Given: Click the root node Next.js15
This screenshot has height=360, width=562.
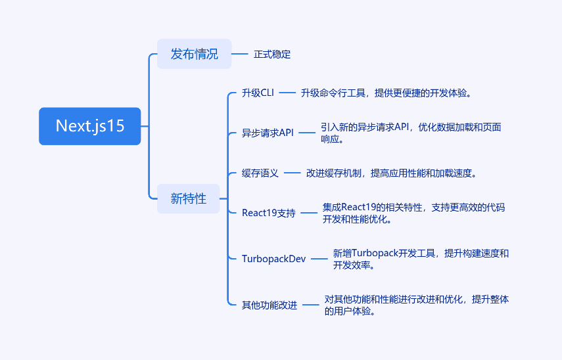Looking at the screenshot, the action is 89,126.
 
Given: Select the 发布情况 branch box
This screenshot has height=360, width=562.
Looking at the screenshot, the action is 195,54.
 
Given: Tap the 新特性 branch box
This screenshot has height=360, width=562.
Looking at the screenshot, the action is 188,198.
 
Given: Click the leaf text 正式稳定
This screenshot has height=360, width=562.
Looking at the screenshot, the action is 272,55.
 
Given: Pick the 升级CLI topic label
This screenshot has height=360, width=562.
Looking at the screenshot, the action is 258,93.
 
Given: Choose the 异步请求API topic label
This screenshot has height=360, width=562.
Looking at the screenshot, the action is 268,133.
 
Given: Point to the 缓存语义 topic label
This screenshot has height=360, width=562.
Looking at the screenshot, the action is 260,173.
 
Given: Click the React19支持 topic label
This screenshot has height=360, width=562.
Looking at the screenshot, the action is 268,213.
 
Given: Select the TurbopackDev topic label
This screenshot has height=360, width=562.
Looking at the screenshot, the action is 274,259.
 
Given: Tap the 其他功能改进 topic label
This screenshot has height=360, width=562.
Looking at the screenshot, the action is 269,305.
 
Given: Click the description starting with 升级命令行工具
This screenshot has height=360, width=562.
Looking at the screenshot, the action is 386,93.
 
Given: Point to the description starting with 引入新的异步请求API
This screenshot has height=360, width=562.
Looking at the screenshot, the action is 411,133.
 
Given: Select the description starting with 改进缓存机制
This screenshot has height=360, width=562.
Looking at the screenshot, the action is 391,173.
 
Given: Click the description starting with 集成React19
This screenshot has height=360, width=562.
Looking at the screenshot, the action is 413,213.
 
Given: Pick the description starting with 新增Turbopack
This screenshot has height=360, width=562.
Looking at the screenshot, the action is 421,259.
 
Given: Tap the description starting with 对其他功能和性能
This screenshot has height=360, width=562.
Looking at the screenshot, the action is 417,305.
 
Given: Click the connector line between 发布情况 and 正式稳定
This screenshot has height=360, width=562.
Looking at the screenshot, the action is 240,54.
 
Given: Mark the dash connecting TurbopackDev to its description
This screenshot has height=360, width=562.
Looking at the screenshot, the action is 319,259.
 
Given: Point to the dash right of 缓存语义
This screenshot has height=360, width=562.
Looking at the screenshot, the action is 292,173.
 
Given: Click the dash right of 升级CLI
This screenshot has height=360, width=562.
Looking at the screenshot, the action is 287,93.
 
